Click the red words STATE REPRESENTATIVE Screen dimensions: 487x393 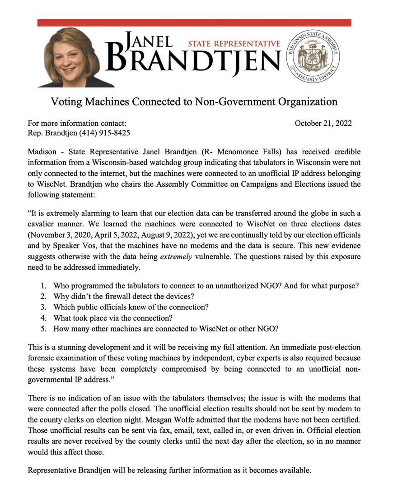(x=234, y=44)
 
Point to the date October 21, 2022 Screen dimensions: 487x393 (x=323, y=123)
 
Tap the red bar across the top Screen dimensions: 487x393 (x=194, y=23)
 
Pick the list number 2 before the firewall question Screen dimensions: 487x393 (x=43, y=296)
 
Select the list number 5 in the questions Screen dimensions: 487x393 (x=43, y=328)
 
